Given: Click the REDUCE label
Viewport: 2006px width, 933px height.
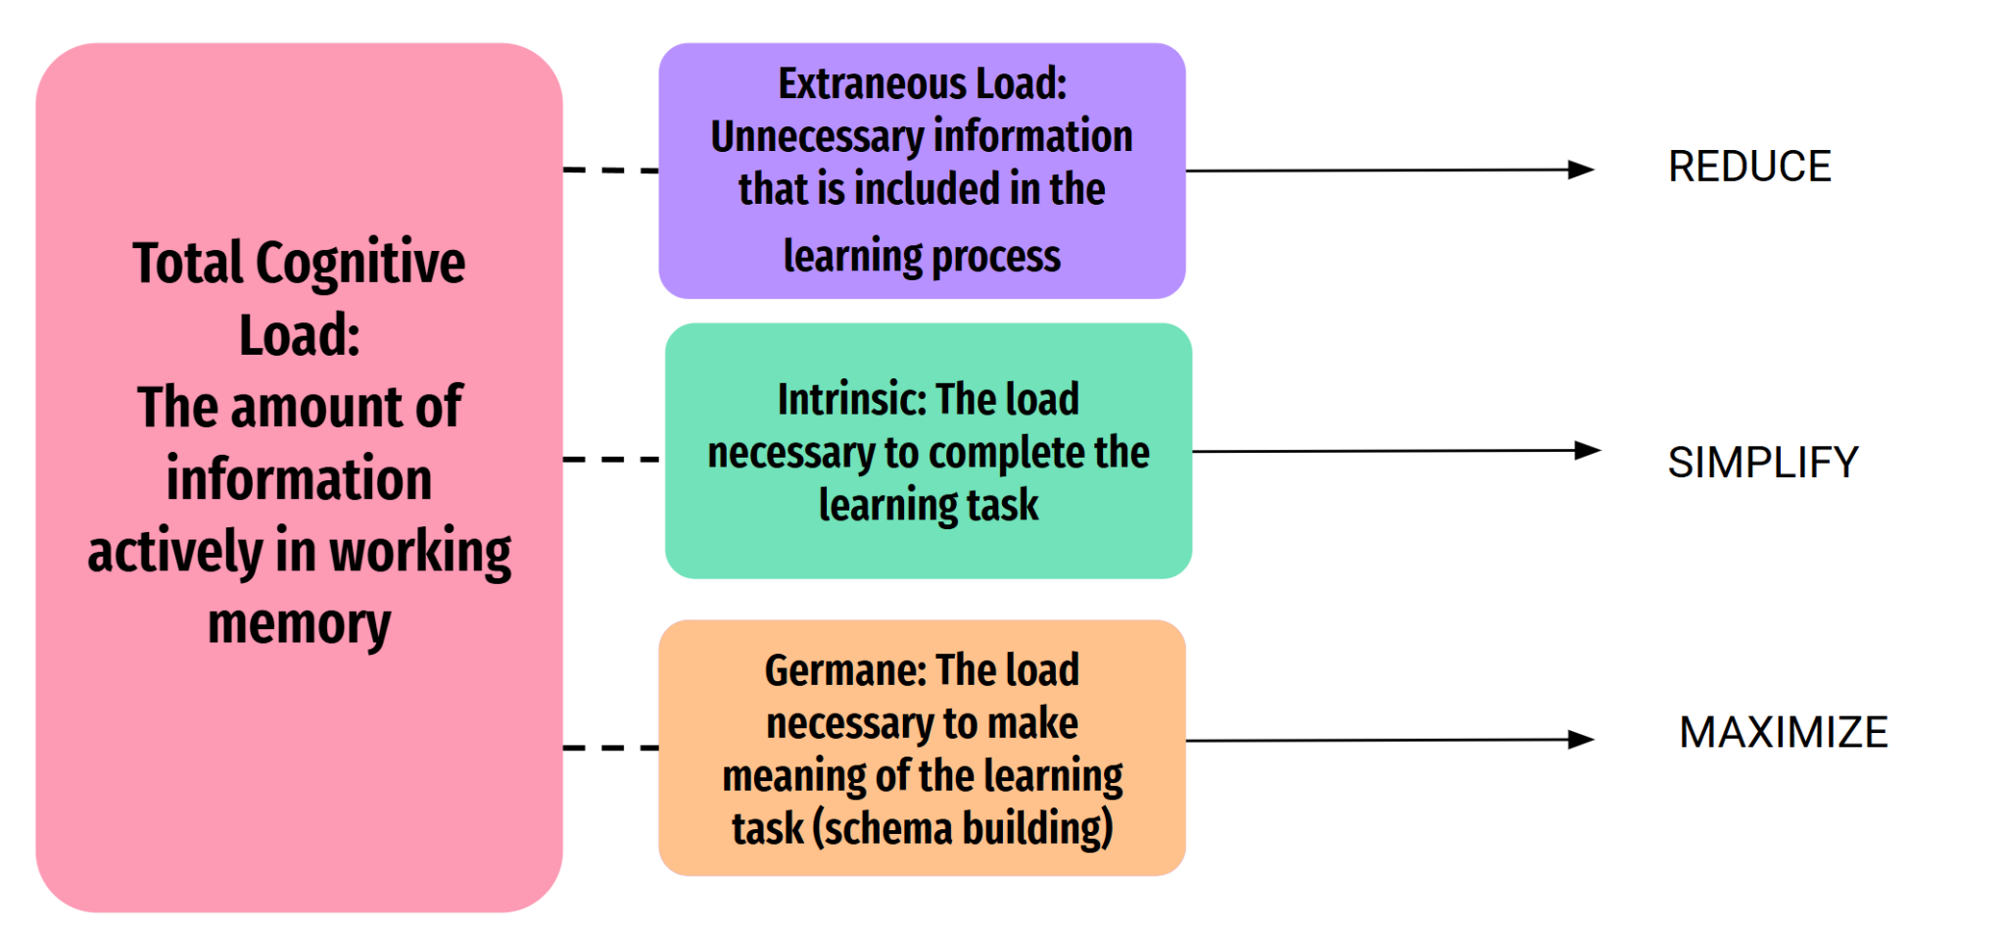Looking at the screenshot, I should click(1748, 167).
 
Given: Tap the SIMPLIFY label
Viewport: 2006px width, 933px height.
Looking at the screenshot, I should click(1762, 463).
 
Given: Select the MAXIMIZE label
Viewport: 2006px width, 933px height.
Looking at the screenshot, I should click(1783, 733).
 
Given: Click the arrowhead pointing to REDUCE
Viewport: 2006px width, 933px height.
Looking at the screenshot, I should click(1580, 170).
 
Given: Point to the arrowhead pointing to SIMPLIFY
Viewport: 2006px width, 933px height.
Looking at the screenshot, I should click(1586, 451).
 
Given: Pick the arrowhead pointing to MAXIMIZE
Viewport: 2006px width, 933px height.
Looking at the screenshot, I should click(1580, 740).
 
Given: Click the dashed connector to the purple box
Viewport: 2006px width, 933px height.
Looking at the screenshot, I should click(611, 171).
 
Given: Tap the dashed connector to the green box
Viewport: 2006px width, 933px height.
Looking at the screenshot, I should click(611, 459).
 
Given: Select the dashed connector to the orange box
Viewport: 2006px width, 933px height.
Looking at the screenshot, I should click(611, 748).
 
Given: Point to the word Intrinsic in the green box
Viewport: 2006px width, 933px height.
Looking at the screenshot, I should click(849, 400).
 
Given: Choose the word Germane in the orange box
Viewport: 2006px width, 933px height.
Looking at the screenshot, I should click(843, 671).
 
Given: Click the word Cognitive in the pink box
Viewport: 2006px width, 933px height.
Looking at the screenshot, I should click(359, 264).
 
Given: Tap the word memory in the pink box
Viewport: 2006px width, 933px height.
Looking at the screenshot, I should click(299, 625).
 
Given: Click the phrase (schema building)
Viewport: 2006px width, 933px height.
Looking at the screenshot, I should click(963, 828).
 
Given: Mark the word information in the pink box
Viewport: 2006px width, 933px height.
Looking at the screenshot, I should click(299, 479).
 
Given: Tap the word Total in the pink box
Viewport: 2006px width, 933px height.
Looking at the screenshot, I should click(187, 264).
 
